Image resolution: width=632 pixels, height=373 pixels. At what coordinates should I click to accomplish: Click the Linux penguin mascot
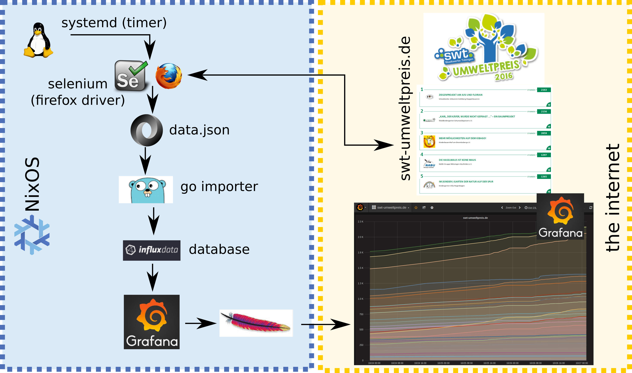38,40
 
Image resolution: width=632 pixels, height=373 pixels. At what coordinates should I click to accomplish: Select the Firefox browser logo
169,76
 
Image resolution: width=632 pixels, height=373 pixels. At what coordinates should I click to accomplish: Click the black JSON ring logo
147,130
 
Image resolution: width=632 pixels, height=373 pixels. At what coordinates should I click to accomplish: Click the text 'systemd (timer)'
114,23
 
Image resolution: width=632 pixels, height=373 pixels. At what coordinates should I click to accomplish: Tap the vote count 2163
544,90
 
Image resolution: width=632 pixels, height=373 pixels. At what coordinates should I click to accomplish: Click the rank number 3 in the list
422,133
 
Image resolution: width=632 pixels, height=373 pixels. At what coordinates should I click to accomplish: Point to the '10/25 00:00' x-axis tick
443,363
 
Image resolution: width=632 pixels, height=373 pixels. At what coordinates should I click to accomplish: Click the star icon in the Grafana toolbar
416,208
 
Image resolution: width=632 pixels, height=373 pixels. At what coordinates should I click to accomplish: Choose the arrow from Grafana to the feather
200,323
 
